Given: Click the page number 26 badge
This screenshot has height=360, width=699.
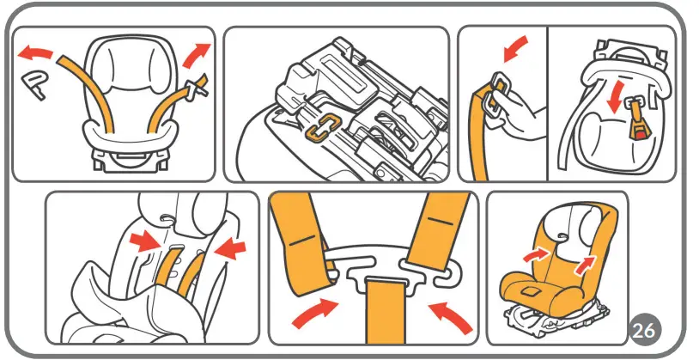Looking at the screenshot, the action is pyautogui.click(x=644, y=331).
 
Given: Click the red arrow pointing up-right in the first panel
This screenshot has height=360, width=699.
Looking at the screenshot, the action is pyautogui.click(x=195, y=54).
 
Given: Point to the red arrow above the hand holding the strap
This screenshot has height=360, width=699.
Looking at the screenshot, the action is pyautogui.click(x=515, y=48).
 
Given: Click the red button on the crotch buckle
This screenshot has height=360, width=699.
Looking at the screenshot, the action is pyautogui.click(x=639, y=132).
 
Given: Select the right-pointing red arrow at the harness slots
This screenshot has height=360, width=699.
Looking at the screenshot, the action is pyautogui.click(x=144, y=242).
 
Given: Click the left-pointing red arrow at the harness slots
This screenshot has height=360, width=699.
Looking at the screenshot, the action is pyautogui.click(x=229, y=248).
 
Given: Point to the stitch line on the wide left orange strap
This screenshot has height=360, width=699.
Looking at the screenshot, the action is pyautogui.click(x=302, y=241).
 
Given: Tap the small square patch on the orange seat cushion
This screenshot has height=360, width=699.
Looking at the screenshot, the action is pyautogui.click(x=530, y=293).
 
